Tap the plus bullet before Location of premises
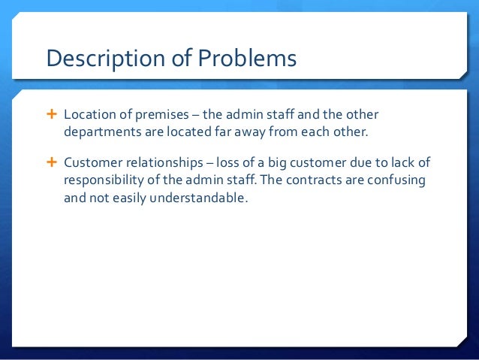tap(51, 116)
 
